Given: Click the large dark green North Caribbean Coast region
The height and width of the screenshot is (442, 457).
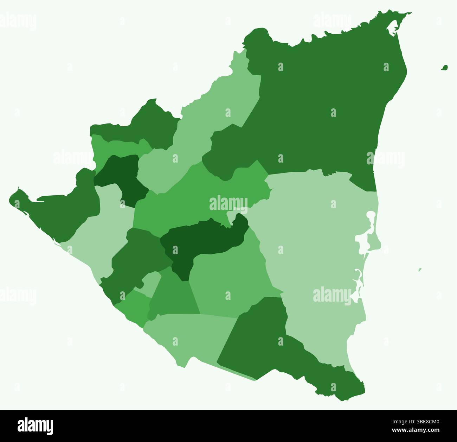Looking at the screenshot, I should click(x=316, y=106).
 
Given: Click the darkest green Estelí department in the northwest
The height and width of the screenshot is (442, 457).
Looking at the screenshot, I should click(x=120, y=176).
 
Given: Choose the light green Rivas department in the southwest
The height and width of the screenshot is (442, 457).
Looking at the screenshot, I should click(x=186, y=334).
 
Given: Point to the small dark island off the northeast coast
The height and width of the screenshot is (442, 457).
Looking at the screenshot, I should click(x=445, y=67).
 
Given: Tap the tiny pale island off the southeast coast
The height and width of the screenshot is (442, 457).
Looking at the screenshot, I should click(x=420, y=270).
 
